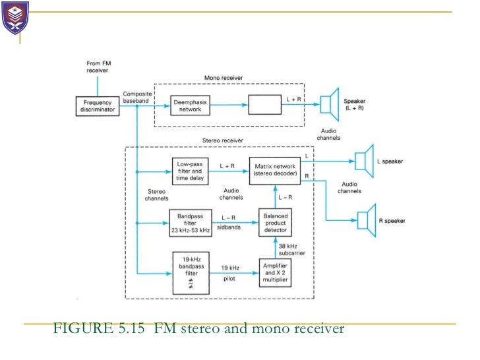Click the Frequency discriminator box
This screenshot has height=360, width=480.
(x=97, y=107)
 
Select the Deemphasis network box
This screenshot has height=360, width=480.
(x=191, y=106)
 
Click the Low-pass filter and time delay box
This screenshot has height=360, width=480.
(x=190, y=171)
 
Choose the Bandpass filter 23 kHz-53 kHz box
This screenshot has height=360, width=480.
(x=190, y=222)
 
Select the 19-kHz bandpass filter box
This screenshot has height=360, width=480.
(x=191, y=273)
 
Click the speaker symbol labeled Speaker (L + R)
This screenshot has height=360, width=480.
(x=328, y=105)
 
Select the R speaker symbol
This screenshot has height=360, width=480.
(x=363, y=220)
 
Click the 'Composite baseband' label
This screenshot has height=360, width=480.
(x=137, y=98)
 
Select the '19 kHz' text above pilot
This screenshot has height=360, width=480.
(x=229, y=268)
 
